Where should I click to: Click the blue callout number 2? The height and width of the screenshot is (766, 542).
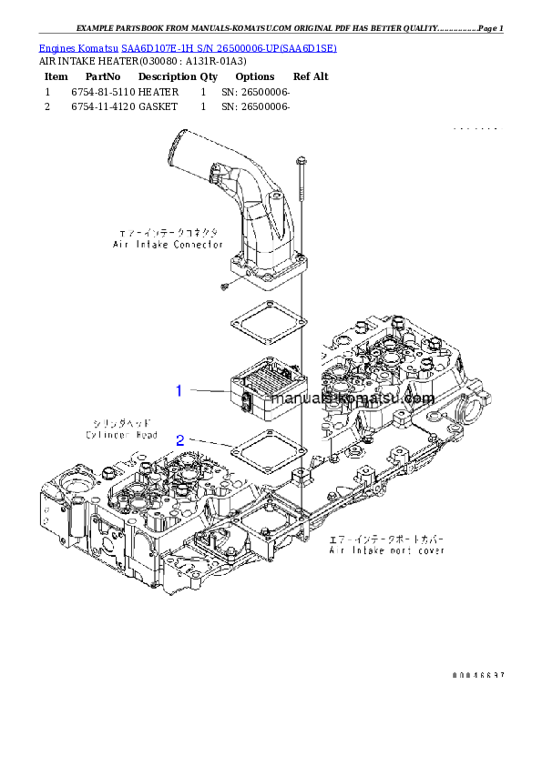[x=180, y=439]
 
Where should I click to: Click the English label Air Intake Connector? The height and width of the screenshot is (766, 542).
[x=168, y=245]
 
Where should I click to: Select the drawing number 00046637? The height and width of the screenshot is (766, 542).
[x=477, y=675]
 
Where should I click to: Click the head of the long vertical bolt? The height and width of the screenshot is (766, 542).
[x=301, y=161]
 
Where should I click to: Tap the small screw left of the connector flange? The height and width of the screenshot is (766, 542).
[x=223, y=287]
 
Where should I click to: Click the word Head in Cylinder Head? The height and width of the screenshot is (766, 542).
[x=147, y=435]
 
